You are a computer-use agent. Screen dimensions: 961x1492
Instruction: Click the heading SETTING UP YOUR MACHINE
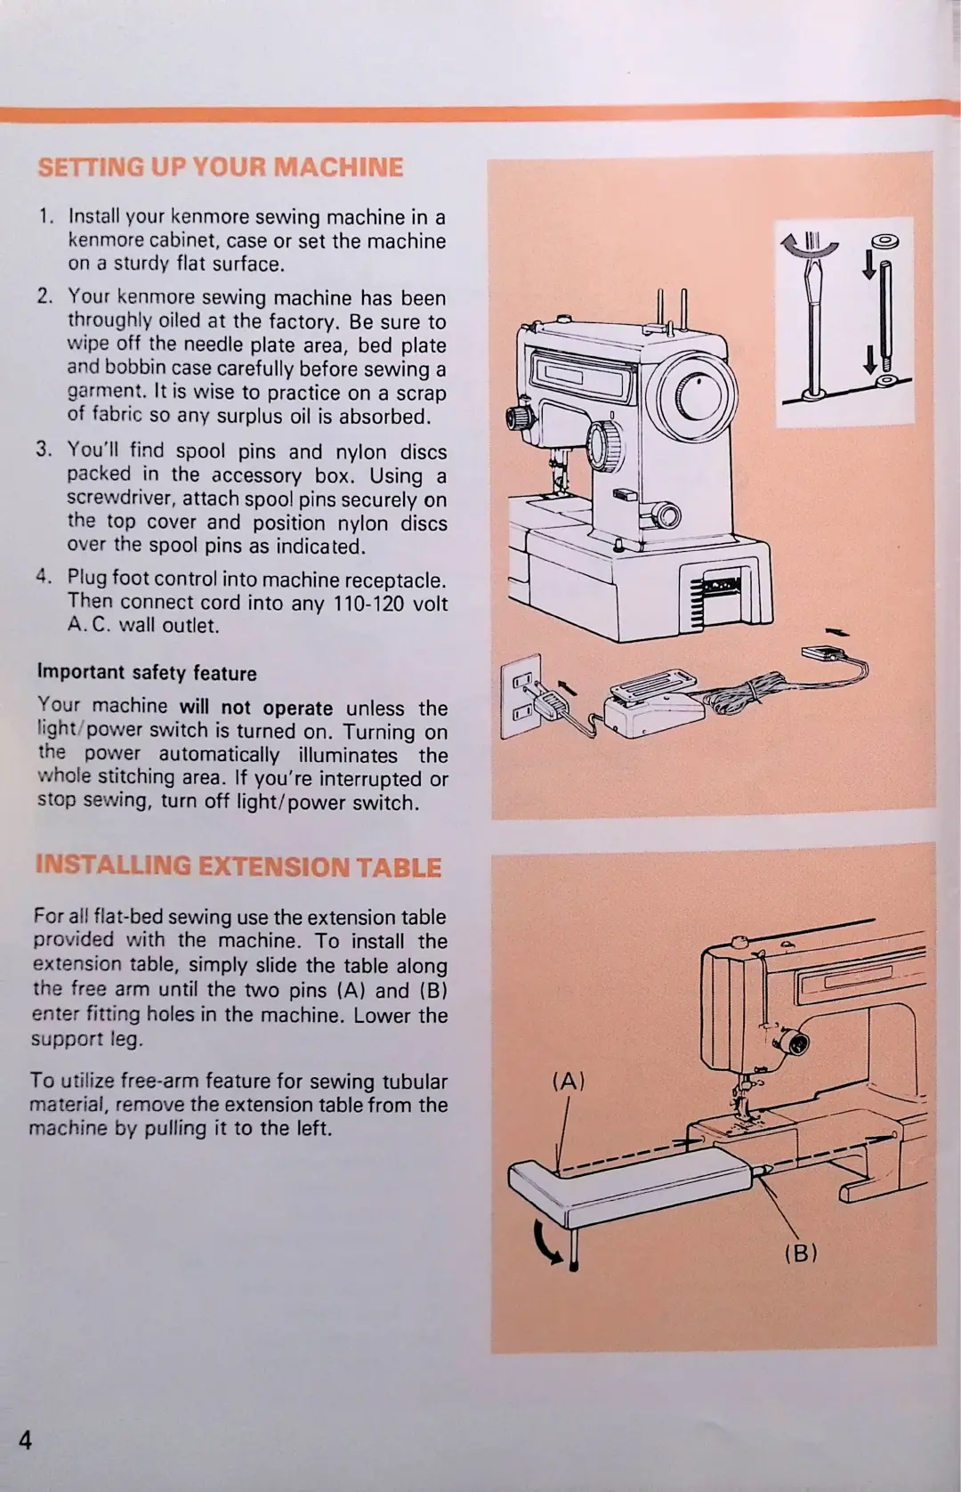click(x=221, y=166)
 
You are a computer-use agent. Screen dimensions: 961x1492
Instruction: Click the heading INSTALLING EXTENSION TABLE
click(x=238, y=866)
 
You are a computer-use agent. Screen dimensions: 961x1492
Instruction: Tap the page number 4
click(x=25, y=1440)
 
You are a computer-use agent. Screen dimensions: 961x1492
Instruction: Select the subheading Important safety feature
click(x=147, y=673)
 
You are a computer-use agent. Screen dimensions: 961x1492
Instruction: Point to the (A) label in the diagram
click(x=568, y=1081)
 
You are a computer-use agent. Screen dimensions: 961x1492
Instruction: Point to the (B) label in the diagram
click(x=801, y=1253)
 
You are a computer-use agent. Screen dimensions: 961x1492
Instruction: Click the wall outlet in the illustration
click(x=521, y=696)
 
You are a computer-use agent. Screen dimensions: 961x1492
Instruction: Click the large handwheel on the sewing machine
click(x=691, y=396)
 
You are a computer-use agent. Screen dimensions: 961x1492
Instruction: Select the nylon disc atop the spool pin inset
click(x=885, y=241)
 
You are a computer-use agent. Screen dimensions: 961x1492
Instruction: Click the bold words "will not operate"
click(x=255, y=708)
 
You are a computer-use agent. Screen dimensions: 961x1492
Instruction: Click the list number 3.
click(x=44, y=449)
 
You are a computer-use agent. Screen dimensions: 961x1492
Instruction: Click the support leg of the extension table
click(x=573, y=1250)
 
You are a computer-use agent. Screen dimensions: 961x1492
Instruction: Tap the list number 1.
click(x=45, y=215)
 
